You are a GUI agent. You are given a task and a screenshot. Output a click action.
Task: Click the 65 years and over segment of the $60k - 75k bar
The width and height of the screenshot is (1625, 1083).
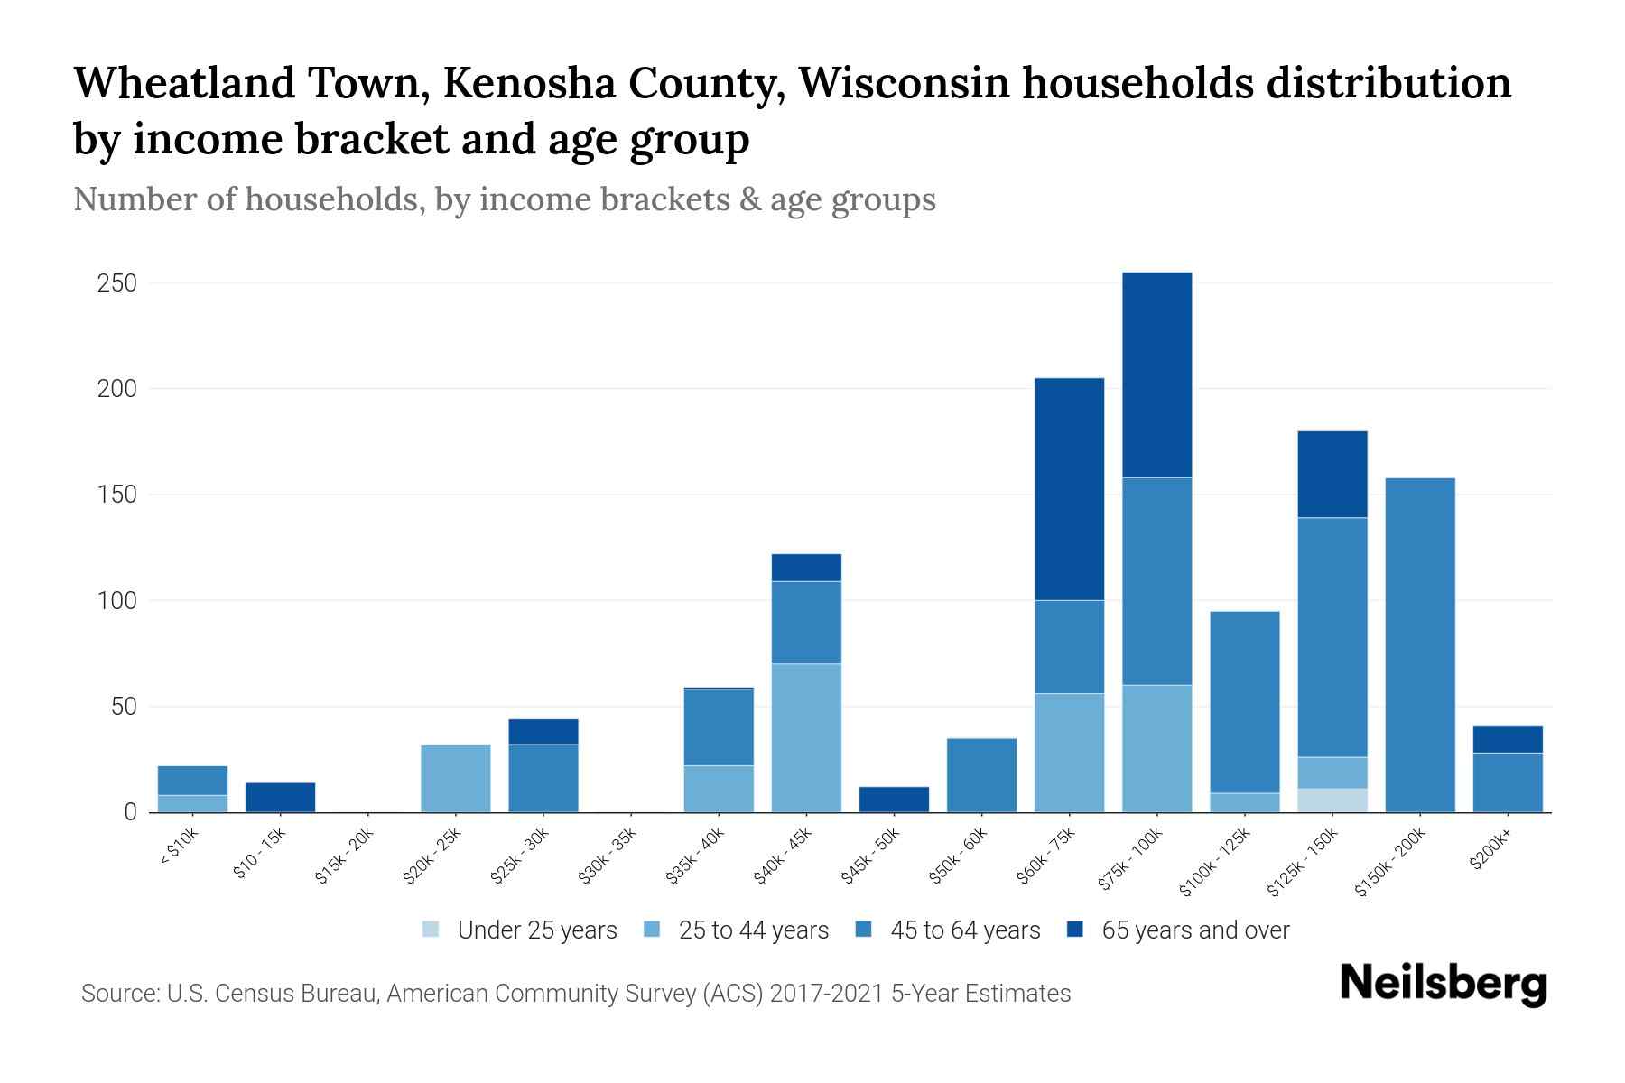point(1069,488)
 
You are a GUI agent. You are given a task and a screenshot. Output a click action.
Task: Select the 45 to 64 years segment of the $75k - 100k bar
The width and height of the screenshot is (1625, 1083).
point(1156,581)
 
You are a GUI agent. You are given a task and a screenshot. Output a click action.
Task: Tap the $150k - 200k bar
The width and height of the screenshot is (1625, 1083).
point(1420,644)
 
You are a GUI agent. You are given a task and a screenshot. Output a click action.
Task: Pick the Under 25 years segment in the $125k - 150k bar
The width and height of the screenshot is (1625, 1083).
point(1332,801)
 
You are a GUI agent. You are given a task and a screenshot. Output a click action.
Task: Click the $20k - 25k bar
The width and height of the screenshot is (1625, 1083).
point(456,778)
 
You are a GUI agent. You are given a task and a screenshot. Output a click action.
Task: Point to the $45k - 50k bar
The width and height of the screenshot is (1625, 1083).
point(894,800)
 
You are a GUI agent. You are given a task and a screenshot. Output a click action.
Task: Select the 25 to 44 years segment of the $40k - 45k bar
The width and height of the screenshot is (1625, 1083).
point(806,737)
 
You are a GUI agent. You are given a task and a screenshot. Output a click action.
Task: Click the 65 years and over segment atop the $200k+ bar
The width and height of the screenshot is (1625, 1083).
point(1508,739)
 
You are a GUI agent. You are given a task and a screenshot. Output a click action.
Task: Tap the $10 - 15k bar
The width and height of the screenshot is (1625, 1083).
point(281,797)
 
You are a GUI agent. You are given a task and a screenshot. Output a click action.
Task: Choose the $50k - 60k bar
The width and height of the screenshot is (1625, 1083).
point(981,775)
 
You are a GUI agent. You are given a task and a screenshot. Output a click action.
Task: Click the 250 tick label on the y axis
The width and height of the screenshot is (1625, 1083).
point(116,283)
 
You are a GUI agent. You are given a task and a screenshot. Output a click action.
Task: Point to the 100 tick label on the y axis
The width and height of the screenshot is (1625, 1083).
point(116,601)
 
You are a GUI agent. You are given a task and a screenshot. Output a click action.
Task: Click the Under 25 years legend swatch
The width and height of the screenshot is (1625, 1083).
point(432,930)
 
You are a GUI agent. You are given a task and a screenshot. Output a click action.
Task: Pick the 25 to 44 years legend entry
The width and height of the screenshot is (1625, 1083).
point(753,930)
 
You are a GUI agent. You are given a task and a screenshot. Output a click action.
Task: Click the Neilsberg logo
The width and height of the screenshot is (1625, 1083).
point(1443,984)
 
